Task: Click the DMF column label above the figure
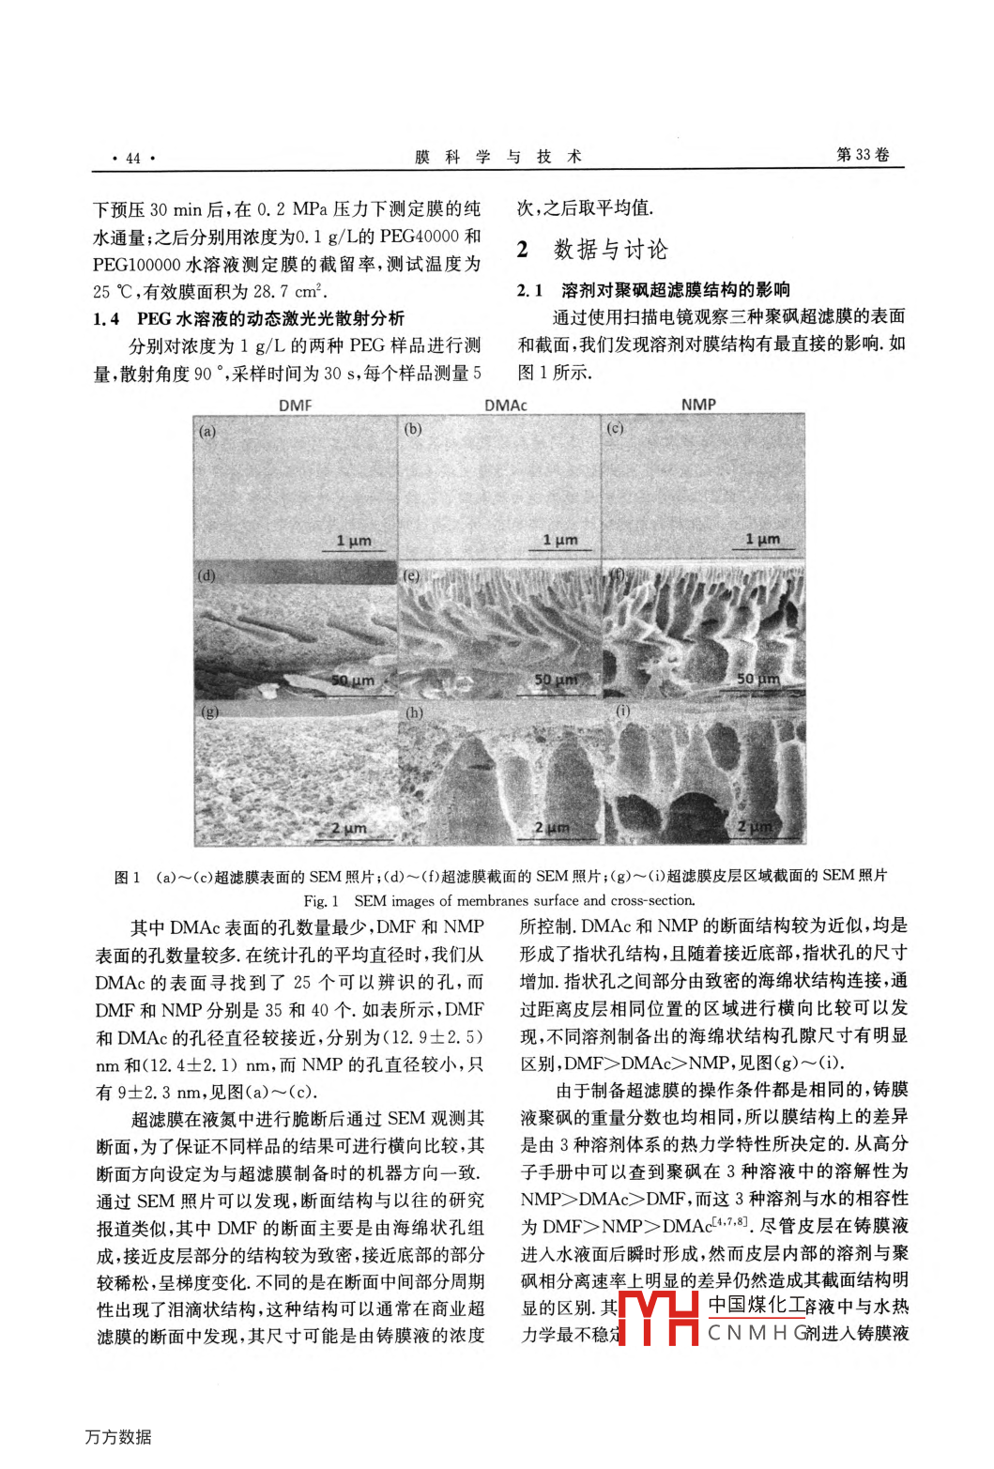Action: [x=296, y=406]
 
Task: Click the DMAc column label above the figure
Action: [x=506, y=406]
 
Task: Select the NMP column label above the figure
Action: [x=698, y=405]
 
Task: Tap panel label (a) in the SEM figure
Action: [x=207, y=432]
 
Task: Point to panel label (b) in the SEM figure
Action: [x=413, y=429]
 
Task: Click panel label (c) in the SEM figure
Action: [x=616, y=428]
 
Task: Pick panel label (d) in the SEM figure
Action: [x=206, y=575]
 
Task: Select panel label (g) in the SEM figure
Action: [x=208, y=712]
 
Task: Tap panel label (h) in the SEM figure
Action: [x=414, y=712]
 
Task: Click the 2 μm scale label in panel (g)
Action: [x=348, y=828]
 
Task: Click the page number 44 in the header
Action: [x=132, y=158]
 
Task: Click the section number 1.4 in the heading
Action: [x=106, y=319]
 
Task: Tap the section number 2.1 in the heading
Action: [x=530, y=291]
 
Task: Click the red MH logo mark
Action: [x=659, y=1318]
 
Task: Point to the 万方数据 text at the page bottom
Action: [x=118, y=1437]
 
